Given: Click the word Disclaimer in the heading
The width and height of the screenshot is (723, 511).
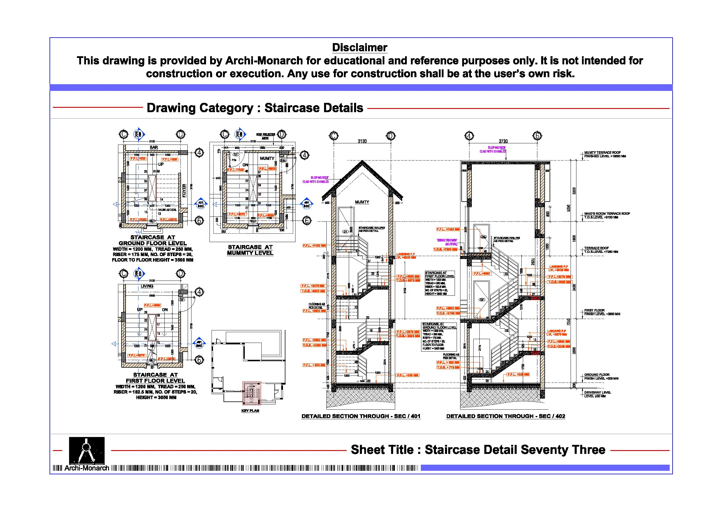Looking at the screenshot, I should [x=359, y=47].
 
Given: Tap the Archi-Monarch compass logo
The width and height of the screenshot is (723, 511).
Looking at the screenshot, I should [x=87, y=450].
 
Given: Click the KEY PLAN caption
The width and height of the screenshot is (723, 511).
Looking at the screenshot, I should [x=250, y=410].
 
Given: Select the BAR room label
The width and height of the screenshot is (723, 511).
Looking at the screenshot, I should [x=154, y=147].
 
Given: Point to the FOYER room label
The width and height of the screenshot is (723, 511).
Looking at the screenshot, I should [x=184, y=191].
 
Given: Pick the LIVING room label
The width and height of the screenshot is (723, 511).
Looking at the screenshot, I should [x=147, y=286].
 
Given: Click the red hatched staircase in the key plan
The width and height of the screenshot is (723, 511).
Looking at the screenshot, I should [x=251, y=393].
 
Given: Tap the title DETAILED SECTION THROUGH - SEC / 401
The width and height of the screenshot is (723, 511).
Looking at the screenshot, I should [x=360, y=416].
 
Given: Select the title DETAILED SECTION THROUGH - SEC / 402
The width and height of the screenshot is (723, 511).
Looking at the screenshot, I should [x=505, y=416].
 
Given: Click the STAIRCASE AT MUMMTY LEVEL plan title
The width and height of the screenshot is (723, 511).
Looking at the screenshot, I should [x=250, y=250].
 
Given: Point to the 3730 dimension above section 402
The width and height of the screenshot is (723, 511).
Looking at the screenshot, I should [x=503, y=141].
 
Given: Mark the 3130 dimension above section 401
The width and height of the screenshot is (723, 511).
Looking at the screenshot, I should [x=362, y=141].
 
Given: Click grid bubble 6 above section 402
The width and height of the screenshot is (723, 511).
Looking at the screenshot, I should [x=537, y=136].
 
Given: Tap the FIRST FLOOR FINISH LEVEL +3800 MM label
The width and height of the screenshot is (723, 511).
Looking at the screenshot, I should [x=602, y=312].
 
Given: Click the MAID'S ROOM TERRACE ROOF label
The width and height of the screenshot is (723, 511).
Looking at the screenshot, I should [x=607, y=215].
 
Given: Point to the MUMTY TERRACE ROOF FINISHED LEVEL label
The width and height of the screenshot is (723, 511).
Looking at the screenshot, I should [x=605, y=154].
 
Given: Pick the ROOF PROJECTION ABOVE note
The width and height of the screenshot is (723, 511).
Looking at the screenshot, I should [x=265, y=136].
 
